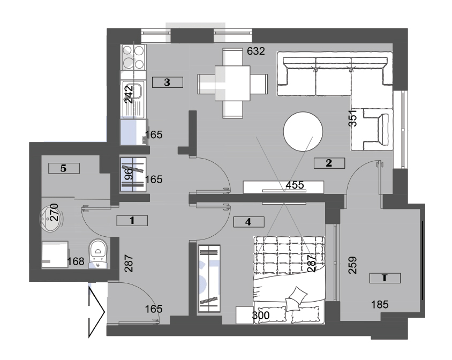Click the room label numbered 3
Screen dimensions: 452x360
click(167, 82)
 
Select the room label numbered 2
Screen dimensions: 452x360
click(329, 163)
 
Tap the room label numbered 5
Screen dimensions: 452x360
click(64, 168)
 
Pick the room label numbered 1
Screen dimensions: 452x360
click(132, 221)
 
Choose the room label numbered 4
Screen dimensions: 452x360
click(248, 222)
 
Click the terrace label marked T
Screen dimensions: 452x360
click(385, 278)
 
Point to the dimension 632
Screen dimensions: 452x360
click(256, 51)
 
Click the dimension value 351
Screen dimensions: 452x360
click(353, 118)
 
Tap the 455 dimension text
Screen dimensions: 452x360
click(295, 185)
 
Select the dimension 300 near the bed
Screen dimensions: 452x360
click(261, 316)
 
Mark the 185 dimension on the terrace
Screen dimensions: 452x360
click(380, 304)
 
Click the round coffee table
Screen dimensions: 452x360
click(303, 131)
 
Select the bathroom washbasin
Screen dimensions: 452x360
click(50, 219)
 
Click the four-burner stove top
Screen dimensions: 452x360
click(133, 57)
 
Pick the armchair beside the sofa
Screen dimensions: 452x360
click(372, 130)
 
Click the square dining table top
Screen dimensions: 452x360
click(232, 84)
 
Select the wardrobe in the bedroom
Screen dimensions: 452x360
click(209, 279)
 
